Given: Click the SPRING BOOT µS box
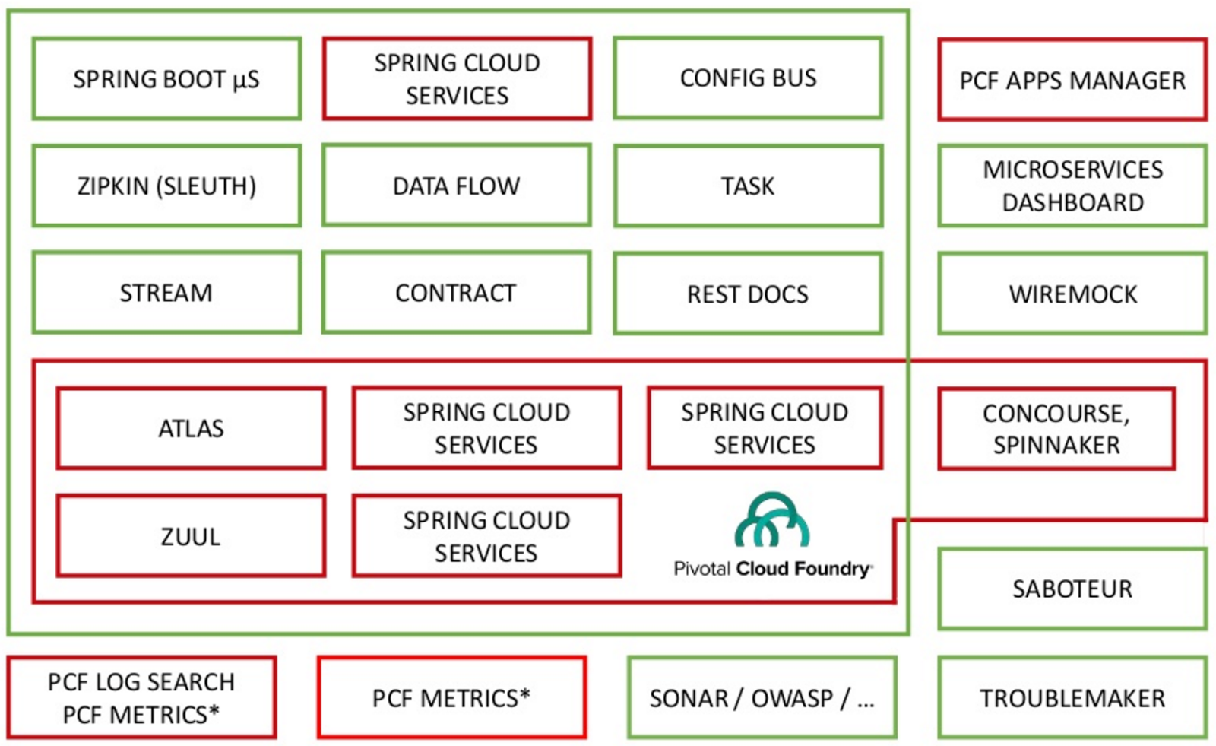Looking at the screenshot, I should pos(166,79).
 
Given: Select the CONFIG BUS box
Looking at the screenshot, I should pos(748,78).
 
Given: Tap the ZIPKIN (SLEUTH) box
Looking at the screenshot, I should pos(166,186).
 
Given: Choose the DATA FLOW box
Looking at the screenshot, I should pos(456,186).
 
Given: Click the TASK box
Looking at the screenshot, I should pos(748,186).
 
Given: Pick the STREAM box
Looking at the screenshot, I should pos(166,294).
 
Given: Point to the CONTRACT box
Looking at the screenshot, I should pos(456,294).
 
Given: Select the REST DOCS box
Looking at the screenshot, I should pos(748,294).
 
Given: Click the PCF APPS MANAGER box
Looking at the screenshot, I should pos(1072,81).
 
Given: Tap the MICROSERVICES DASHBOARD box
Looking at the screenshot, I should pos(1072,186).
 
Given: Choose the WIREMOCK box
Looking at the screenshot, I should pos(1072,294).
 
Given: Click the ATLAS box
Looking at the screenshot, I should pos(191,429).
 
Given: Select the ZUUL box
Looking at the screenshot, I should pos(191,537).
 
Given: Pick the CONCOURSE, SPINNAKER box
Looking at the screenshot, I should pos(1056,430).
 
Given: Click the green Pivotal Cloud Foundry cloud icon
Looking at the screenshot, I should pos(772,520).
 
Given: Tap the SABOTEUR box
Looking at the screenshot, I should pos(1072,589).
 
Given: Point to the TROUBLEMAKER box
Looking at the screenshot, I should pos(1072,698).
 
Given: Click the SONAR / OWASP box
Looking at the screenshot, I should pos(762,698).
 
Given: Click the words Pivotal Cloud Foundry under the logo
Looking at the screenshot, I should pos(772,569).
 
